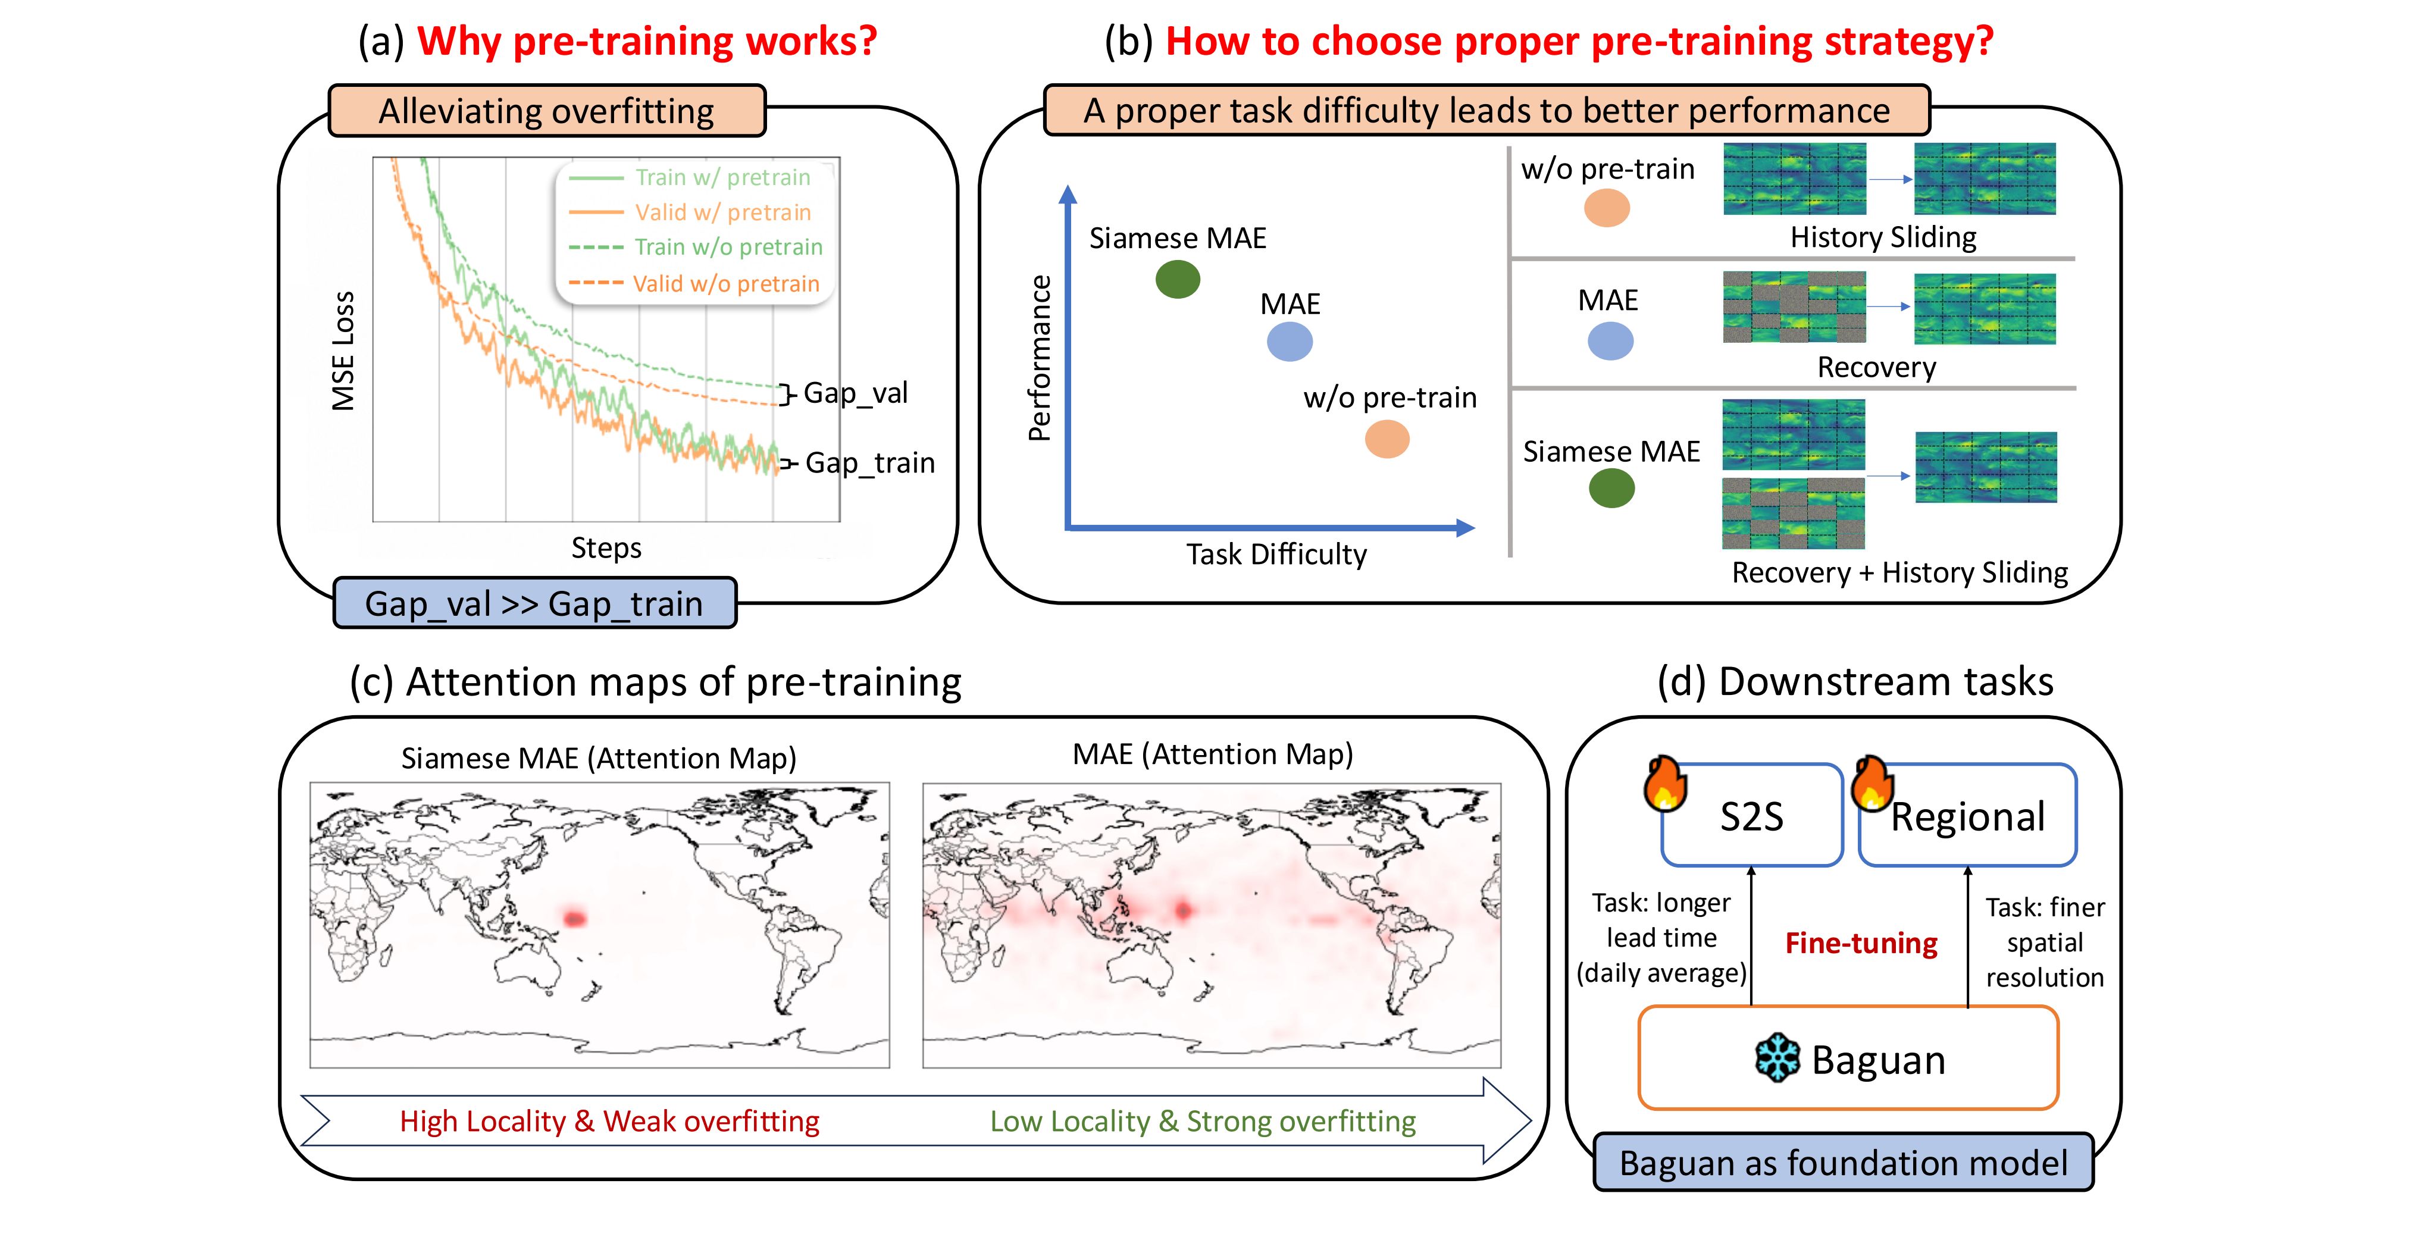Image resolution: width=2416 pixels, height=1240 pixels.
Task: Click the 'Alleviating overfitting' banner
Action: pyautogui.click(x=547, y=111)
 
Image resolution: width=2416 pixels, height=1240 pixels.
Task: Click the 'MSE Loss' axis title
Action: pyautogui.click(x=343, y=351)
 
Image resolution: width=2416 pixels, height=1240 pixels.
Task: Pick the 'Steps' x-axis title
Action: pyautogui.click(x=607, y=548)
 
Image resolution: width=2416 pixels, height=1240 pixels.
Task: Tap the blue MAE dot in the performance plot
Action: pyautogui.click(x=1290, y=342)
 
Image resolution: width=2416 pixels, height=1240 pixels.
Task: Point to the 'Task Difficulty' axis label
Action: pyautogui.click(x=1276, y=555)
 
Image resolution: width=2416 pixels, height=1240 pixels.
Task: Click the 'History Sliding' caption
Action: pyautogui.click(x=1883, y=237)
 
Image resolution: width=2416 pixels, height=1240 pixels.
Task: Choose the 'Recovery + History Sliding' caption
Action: pyautogui.click(x=1899, y=572)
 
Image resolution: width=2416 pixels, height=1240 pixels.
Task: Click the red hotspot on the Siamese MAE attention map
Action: pyautogui.click(x=573, y=918)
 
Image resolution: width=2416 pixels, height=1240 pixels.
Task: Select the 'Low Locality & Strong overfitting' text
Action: pyautogui.click(x=1203, y=1121)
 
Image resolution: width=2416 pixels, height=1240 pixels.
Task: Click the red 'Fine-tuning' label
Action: pyautogui.click(x=1861, y=942)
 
